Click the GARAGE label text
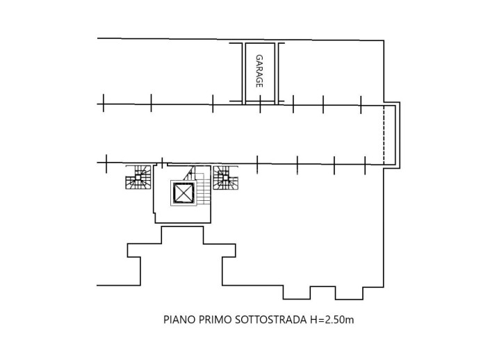point(259,71)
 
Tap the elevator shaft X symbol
point(184,193)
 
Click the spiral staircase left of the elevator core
point(138,177)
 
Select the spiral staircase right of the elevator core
point(225,177)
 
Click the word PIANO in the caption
point(179,320)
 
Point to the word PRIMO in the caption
point(215,320)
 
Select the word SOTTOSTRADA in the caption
point(271,320)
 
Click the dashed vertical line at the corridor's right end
point(384,135)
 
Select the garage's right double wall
point(277,74)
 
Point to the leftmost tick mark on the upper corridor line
point(104,103)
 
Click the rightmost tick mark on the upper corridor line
point(361,105)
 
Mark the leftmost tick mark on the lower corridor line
point(106,164)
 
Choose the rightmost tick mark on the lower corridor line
point(365,165)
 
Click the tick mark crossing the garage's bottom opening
point(260,104)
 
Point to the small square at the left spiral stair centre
point(138,177)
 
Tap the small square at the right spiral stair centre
point(225,177)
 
